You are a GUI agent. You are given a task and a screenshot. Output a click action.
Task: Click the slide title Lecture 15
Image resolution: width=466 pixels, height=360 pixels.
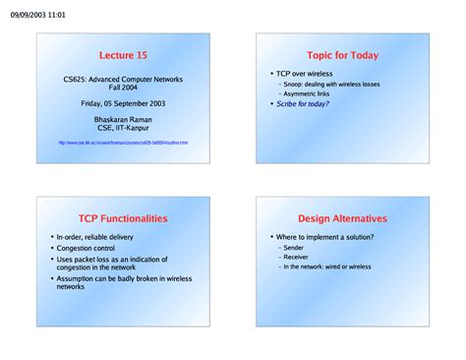point(123,56)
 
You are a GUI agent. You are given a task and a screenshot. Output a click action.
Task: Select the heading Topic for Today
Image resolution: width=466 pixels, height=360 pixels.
point(342,56)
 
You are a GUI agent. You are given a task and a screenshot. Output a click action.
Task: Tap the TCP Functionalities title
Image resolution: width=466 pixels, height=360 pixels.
point(123,218)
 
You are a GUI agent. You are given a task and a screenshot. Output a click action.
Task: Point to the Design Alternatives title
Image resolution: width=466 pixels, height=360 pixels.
point(342,218)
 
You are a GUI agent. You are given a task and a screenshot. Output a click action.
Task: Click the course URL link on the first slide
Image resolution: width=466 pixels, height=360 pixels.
point(123,143)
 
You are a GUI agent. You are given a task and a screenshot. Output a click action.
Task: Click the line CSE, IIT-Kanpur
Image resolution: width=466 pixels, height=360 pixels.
point(123,128)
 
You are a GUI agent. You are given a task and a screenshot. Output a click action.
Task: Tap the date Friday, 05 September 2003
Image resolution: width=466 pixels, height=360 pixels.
point(123,102)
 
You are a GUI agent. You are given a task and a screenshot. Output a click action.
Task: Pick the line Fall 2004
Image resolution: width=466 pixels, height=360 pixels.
point(123,87)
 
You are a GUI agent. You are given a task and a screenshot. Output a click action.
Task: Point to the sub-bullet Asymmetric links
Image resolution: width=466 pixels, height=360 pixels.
point(306,93)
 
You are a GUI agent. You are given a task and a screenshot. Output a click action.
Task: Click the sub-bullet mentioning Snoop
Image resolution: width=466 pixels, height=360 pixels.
point(329,85)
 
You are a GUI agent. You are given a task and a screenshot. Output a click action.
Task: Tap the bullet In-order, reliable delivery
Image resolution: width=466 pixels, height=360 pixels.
point(96,237)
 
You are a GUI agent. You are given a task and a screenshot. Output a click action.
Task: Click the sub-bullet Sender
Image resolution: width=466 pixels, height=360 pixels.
point(294,248)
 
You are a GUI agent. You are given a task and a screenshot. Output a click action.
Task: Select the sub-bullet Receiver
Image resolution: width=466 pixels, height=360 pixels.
point(296,257)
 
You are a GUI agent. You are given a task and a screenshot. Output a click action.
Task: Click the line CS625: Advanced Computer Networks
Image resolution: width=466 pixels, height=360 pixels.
point(123,79)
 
